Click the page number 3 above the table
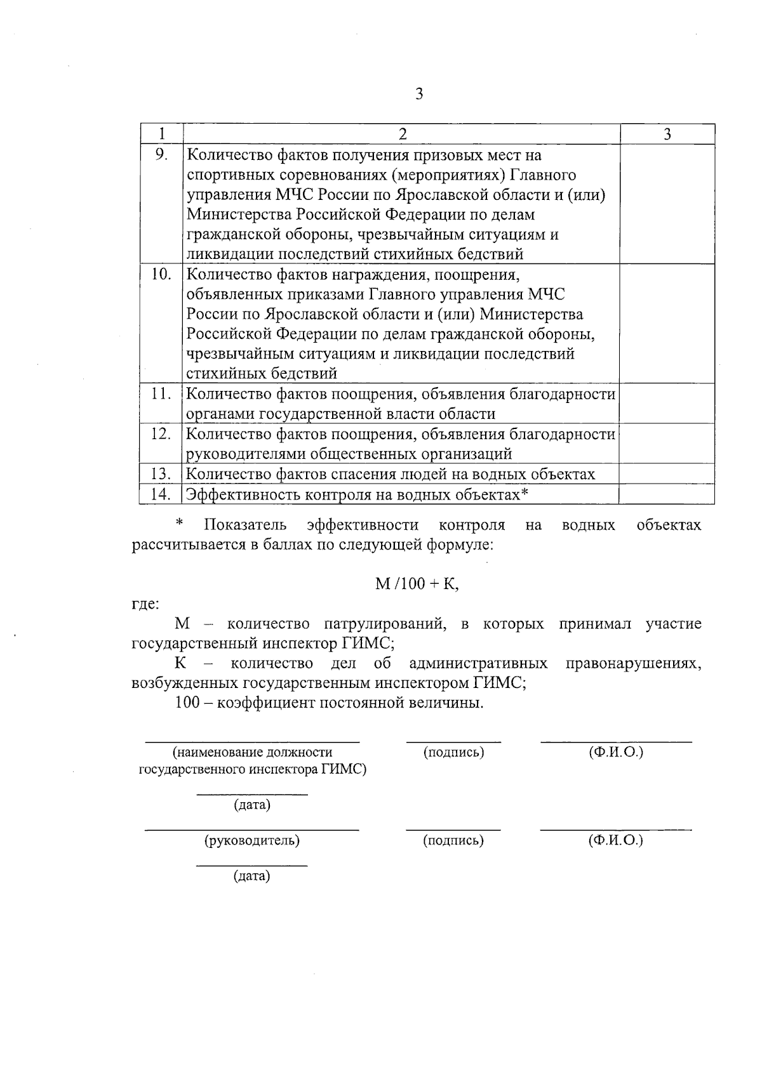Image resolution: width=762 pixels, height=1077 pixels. (418, 95)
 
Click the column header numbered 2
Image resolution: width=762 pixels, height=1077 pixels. (401, 134)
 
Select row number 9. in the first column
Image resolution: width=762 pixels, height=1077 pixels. (161, 154)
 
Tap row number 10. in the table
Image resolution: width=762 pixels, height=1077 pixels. (161, 274)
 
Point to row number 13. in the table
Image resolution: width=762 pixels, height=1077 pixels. (161, 473)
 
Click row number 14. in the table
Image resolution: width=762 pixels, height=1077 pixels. (161, 494)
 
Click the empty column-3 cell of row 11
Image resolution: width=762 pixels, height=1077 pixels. (667, 404)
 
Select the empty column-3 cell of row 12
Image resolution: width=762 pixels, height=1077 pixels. (667, 444)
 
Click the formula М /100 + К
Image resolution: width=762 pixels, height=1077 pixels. (417, 584)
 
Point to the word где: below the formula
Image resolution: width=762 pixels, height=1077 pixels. (145, 604)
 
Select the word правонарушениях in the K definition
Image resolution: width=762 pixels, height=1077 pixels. (633, 664)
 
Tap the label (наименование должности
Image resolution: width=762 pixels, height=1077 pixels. (252, 753)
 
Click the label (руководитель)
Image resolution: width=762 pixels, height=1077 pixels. (251, 841)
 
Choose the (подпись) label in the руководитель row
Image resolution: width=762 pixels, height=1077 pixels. (453, 841)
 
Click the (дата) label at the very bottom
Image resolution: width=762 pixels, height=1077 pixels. (251, 877)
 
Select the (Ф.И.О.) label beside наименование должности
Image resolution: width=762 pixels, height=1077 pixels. (616, 753)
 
